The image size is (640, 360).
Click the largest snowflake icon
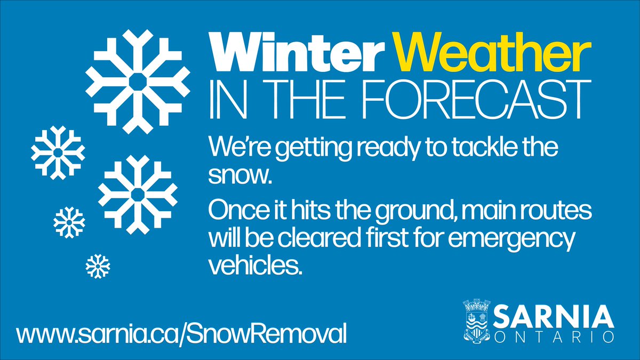138,82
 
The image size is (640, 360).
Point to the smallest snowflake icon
98,266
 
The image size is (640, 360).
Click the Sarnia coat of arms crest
476,321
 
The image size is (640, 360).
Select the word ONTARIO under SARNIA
554,338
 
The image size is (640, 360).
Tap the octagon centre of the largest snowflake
138,82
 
